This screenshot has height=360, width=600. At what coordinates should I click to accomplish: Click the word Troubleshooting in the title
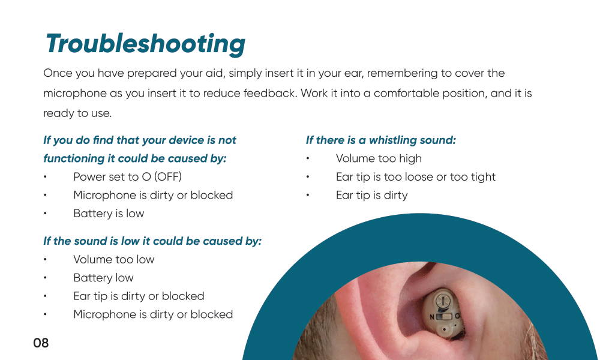pyautogui.click(x=145, y=44)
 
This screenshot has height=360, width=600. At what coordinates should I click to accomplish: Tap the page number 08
pyautogui.click(x=41, y=343)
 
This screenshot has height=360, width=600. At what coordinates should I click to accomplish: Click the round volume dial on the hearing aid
pyautogui.click(x=443, y=301)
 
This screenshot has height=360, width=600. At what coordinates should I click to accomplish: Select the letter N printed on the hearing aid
pyautogui.click(x=432, y=317)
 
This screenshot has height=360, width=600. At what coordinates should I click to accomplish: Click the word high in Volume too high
pyautogui.click(x=410, y=158)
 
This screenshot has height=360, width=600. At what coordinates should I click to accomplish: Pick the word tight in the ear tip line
pyautogui.click(x=484, y=177)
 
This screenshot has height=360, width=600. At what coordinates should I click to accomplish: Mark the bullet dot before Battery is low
pyautogui.click(x=45, y=214)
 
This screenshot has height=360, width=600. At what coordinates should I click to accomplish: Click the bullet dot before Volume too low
pyautogui.click(x=45, y=259)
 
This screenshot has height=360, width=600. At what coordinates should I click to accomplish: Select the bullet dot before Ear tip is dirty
pyautogui.click(x=308, y=195)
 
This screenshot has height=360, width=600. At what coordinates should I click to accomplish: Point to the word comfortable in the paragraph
pyautogui.click(x=406, y=94)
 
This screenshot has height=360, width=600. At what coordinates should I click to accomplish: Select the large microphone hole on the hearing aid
pyautogui.click(x=444, y=329)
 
